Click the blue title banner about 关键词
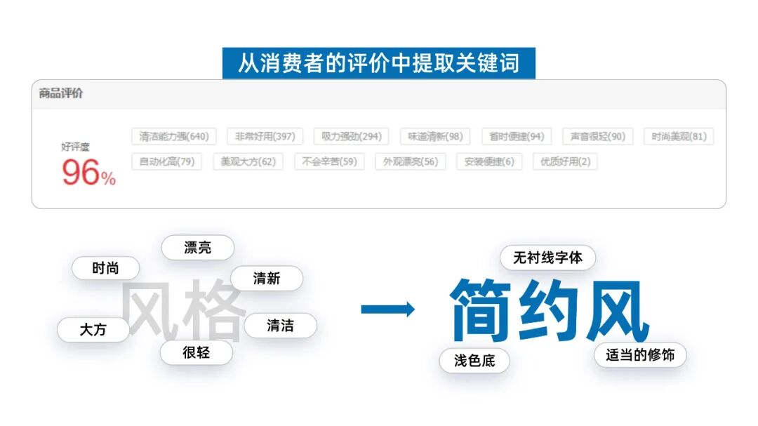click(378, 63)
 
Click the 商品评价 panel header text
click(61, 93)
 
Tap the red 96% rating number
click(88, 173)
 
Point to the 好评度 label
click(75, 147)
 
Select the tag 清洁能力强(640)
click(173, 136)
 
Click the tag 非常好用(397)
click(265, 136)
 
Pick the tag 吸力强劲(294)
click(352, 136)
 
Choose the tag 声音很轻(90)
click(597, 136)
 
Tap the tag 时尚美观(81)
click(679, 136)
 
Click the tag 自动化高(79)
click(166, 161)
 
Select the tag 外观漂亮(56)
click(410, 161)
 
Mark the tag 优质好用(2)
click(565, 161)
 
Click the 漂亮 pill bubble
click(197, 248)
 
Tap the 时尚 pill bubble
click(105, 268)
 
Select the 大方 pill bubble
click(93, 329)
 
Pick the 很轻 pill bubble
click(196, 352)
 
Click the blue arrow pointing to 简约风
click(387, 309)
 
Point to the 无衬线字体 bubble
click(547, 258)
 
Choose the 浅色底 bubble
click(474, 361)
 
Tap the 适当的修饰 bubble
click(640, 355)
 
